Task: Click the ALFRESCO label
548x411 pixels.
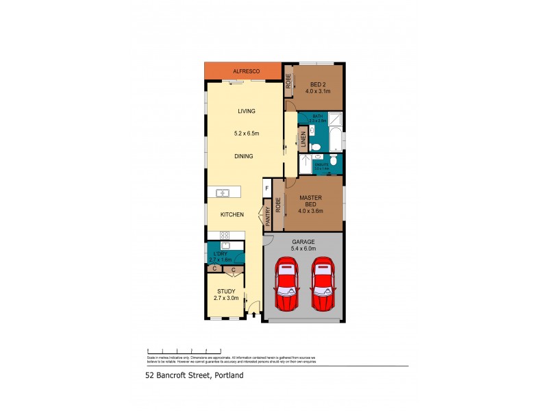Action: click(x=243, y=71)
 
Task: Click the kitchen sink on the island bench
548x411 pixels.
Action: click(x=222, y=193)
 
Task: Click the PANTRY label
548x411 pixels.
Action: click(x=268, y=217)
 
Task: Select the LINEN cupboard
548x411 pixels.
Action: click(x=302, y=140)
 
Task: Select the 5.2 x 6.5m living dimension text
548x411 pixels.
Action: click(x=246, y=134)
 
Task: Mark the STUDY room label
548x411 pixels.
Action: click(x=226, y=291)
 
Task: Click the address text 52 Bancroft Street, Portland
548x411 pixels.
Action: click(x=194, y=375)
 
